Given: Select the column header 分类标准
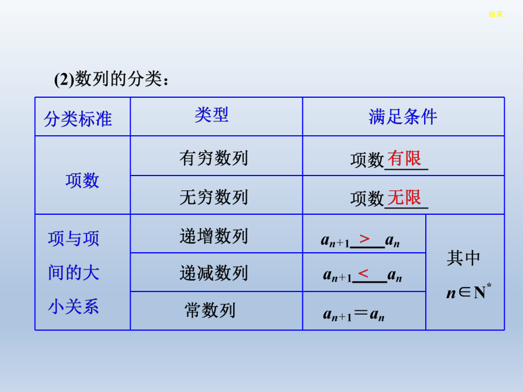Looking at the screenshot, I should pyautogui.click(x=78, y=118).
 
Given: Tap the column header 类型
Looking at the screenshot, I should pyautogui.click(x=211, y=115).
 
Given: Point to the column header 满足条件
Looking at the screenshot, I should pyautogui.click(x=402, y=116).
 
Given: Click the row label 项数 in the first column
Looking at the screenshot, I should pyautogui.click(x=82, y=181).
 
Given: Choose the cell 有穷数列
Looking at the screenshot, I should pyautogui.click(x=214, y=157).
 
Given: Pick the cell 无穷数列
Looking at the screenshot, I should pyautogui.click(x=214, y=197).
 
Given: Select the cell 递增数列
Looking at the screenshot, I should pyautogui.click(x=214, y=236).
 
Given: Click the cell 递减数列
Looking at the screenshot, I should pyautogui.click(x=214, y=273).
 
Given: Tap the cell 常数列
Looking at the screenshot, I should pyautogui.click(x=210, y=310).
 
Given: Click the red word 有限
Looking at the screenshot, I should pyautogui.click(x=404, y=158).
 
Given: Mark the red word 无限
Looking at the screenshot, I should pyautogui.click(x=404, y=197).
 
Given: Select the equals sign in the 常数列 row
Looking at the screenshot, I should pyautogui.click(x=361, y=314).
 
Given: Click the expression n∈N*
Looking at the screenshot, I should pyautogui.click(x=468, y=293).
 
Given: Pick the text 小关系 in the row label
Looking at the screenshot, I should pyautogui.click(x=74, y=307).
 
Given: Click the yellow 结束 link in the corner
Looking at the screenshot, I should pyautogui.click(x=496, y=14).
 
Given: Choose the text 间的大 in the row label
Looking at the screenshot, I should pyautogui.click(x=74, y=273).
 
